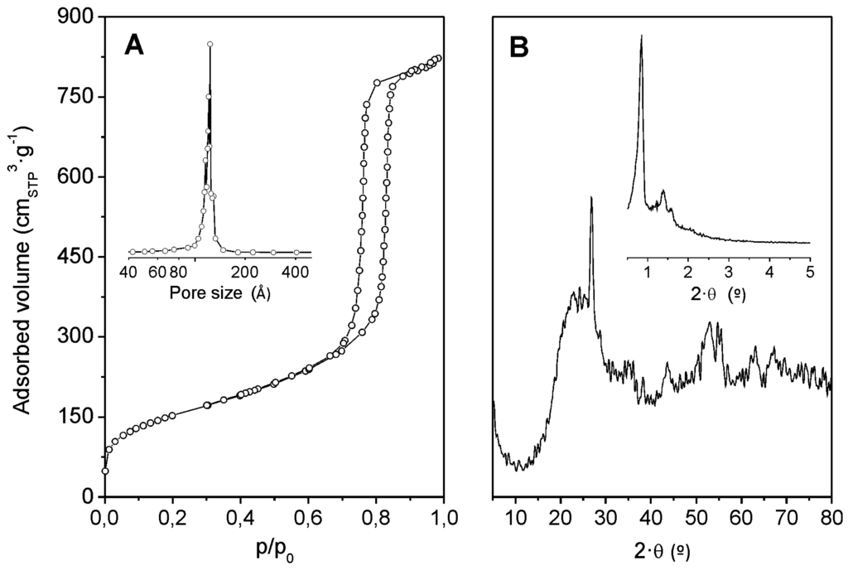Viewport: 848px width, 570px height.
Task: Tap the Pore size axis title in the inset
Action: (219, 292)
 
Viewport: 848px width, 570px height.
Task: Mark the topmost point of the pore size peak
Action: (210, 44)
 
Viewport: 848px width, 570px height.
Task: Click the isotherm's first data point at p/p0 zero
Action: (105, 471)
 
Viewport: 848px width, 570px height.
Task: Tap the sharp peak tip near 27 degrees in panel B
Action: (591, 197)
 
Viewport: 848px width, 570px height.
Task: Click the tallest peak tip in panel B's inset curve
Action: (642, 36)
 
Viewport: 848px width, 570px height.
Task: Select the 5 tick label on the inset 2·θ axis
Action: (810, 271)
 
